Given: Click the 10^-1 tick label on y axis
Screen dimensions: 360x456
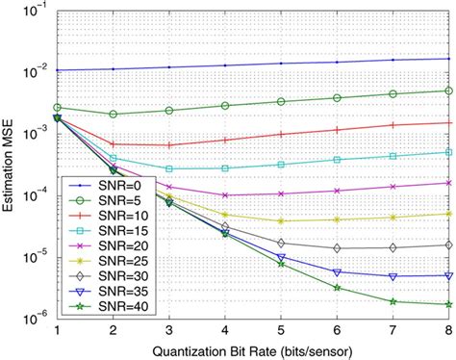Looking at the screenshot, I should pyautogui.click(x=35, y=9).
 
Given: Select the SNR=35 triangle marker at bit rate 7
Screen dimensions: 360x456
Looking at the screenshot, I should pyautogui.click(x=392, y=276).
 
